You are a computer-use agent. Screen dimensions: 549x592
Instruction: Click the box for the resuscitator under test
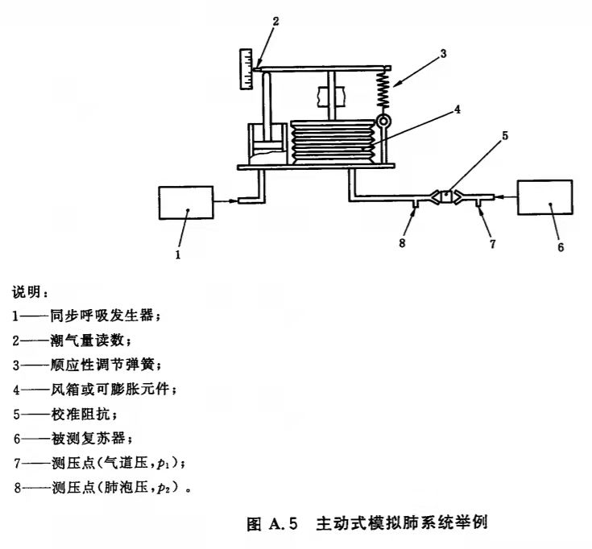[545, 200]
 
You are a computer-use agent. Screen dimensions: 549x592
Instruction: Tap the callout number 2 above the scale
[275, 21]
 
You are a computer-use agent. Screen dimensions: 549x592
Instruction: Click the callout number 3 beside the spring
[442, 55]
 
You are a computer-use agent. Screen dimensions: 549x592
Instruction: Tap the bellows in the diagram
[333, 142]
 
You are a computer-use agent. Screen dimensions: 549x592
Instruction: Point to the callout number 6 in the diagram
[561, 249]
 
